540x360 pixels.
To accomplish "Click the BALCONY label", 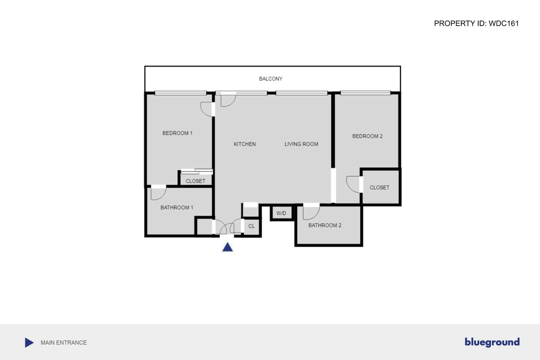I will coord(270,79).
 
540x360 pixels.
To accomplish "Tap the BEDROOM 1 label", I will coord(177,133).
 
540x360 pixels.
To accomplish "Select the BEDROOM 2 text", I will coord(367,136).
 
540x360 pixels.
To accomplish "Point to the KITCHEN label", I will coord(244,144).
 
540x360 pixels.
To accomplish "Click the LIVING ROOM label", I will coord(301,144).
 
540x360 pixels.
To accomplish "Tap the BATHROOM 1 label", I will coord(177,208).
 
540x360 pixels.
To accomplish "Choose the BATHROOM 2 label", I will coord(325,225).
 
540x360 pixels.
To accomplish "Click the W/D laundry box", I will coord(281,213).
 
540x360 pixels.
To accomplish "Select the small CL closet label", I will coord(252,226).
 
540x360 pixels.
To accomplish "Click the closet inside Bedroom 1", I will coord(195,181).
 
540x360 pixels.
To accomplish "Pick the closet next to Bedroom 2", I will coord(379,187).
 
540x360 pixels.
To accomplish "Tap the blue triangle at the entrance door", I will coord(227,247).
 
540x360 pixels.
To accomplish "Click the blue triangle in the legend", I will coord(29,343).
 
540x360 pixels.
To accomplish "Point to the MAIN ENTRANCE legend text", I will coord(64,343).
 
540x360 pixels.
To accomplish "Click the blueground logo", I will coord(492,342).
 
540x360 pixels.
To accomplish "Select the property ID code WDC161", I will coord(504,23).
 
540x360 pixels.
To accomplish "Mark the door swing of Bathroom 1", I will coord(158,193).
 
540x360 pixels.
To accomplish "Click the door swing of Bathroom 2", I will coord(311,212).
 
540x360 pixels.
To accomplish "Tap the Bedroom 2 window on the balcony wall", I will coord(365,93).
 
